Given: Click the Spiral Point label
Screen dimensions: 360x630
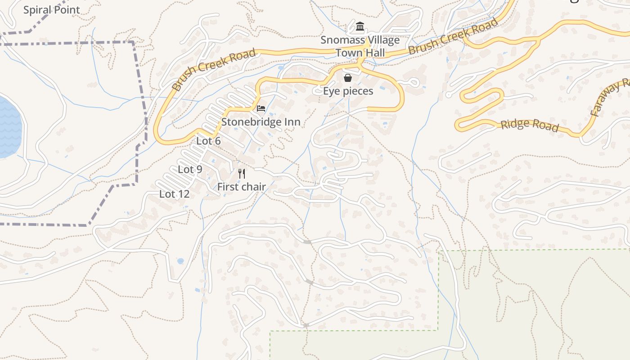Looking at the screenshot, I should pos(52,10).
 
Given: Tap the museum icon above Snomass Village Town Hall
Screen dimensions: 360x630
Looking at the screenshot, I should pos(360,27).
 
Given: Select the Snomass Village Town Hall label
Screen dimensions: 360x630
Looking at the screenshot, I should pos(360,46).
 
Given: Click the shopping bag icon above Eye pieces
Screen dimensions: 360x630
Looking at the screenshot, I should pos(348,78).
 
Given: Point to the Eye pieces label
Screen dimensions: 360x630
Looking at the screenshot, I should pos(348,91).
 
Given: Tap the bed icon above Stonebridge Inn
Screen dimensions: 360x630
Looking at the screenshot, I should pos(261,108).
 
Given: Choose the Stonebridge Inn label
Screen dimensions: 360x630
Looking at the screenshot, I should pos(261,122).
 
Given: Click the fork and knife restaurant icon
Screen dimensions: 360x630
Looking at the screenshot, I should pos(242,174).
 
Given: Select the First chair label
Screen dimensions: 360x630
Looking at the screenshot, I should pos(242,187).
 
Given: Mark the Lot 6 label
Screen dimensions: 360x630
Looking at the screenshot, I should pos(208,141).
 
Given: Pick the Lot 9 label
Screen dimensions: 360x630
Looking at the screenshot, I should pos(190,169).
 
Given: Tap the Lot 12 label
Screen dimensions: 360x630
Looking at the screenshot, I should pos(174,194).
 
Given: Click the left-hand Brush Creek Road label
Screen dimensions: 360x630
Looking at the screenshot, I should pos(214,69).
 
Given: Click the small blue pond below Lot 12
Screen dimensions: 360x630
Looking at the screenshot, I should pos(180,261).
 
